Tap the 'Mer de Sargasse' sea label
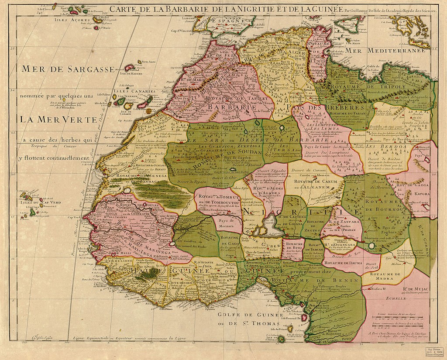[x=68, y=69]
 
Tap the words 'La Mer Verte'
[x=61, y=119]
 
